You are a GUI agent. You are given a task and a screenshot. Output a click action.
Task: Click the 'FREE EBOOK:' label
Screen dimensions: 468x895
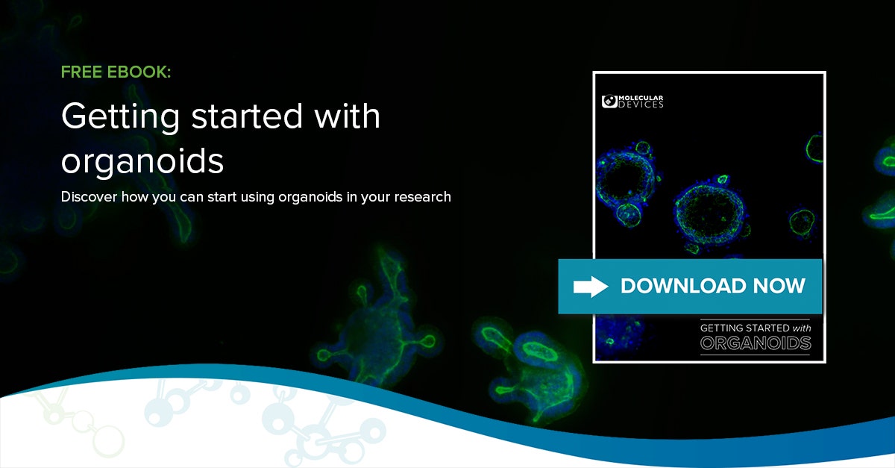tap(116, 72)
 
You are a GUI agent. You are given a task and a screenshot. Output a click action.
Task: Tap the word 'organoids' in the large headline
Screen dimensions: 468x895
tap(142, 161)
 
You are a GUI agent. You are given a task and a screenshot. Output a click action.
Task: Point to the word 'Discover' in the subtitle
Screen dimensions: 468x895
tap(88, 197)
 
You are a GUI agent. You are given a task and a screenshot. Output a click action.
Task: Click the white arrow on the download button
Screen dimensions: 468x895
tap(590, 286)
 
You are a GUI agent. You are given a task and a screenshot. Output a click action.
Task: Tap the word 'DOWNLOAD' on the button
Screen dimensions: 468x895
tap(682, 286)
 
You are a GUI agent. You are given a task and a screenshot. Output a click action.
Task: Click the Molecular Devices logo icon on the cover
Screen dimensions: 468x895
tap(609, 102)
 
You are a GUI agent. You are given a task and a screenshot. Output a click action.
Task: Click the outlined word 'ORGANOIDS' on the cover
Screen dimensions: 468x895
tap(755, 343)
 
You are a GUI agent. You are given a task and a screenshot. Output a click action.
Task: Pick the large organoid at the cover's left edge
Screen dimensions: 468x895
tap(625, 185)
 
